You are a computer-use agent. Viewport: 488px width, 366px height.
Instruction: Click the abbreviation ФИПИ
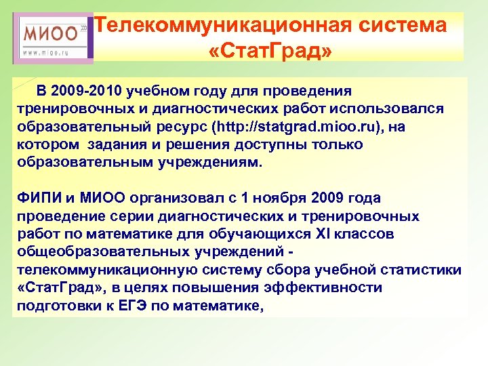click(38, 198)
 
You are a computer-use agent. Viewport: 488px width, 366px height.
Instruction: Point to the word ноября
click(279, 198)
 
